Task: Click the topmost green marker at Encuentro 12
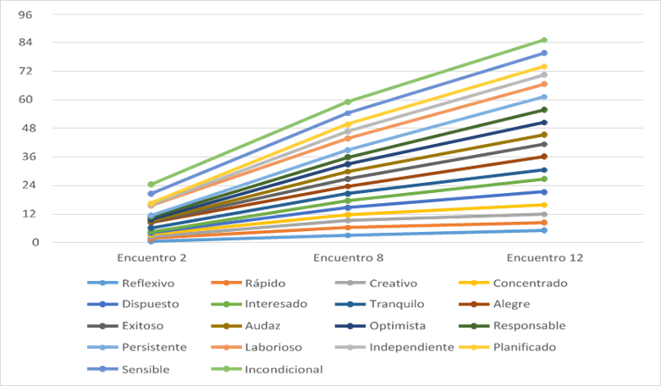544,40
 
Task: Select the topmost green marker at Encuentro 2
151,185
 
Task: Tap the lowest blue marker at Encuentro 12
544,230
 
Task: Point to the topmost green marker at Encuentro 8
347,102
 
